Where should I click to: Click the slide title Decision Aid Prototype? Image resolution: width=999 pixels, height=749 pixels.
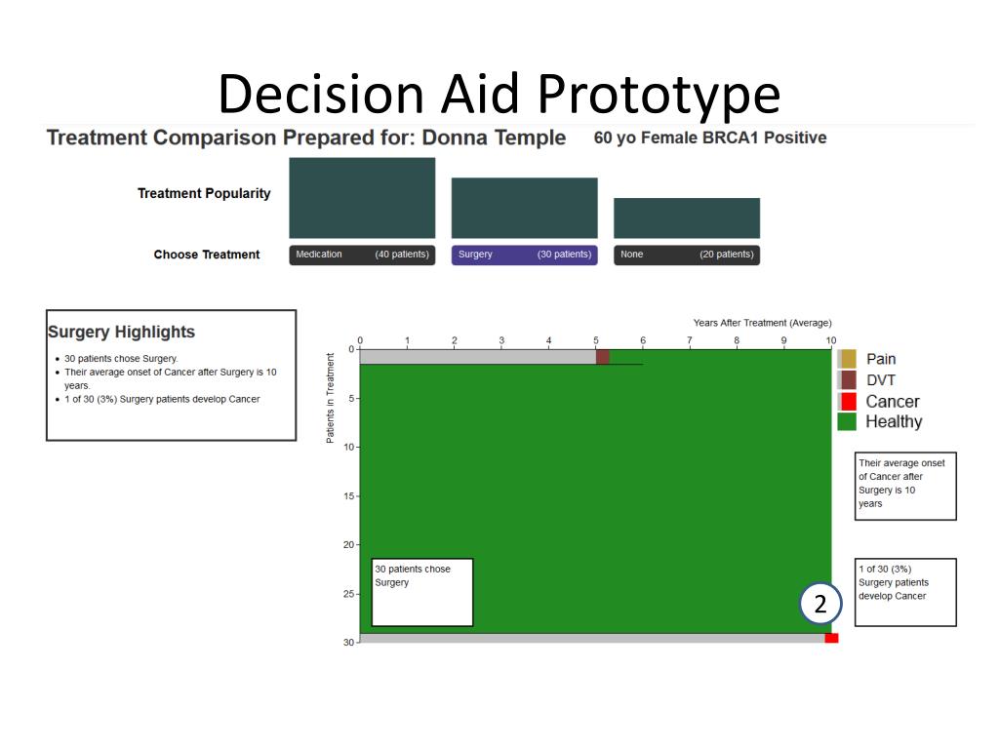pyautogui.click(x=499, y=95)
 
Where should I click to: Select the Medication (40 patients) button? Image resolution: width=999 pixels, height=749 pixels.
pyautogui.click(x=362, y=255)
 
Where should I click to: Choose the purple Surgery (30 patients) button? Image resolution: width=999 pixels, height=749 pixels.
pyautogui.click(x=524, y=255)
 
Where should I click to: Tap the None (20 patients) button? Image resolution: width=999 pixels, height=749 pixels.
pyautogui.click(x=686, y=255)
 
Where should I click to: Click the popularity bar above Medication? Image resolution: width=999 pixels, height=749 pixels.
pyautogui.click(x=362, y=198)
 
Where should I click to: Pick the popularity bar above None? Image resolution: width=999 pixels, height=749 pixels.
pyautogui.click(x=686, y=217)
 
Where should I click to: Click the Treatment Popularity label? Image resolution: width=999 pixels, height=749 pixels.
pyautogui.click(x=204, y=193)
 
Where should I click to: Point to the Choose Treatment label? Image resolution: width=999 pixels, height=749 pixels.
pyautogui.click(x=207, y=255)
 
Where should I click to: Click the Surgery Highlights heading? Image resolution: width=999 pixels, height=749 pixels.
pyautogui.click(x=121, y=332)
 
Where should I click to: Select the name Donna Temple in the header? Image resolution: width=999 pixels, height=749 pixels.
pyautogui.click(x=494, y=138)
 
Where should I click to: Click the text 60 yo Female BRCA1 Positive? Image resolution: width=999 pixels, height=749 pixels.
pyautogui.click(x=709, y=138)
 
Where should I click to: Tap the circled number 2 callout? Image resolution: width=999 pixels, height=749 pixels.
pyautogui.click(x=819, y=605)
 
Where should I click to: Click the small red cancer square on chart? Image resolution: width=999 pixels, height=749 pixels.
pyautogui.click(x=831, y=638)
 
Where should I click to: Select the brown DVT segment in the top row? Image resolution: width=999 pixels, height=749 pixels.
pyautogui.click(x=603, y=357)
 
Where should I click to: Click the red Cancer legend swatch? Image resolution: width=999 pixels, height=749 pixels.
pyautogui.click(x=848, y=401)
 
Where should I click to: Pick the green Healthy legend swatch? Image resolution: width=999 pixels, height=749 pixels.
pyautogui.click(x=847, y=421)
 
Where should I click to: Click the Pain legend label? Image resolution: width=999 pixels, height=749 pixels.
pyautogui.click(x=881, y=359)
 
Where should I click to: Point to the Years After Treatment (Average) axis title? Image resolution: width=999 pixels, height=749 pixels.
pyautogui.click(x=762, y=323)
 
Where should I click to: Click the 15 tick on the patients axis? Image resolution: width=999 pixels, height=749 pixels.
pyautogui.click(x=349, y=496)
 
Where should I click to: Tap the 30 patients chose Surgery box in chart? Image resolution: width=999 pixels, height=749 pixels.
pyautogui.click(x=421, y=592)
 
